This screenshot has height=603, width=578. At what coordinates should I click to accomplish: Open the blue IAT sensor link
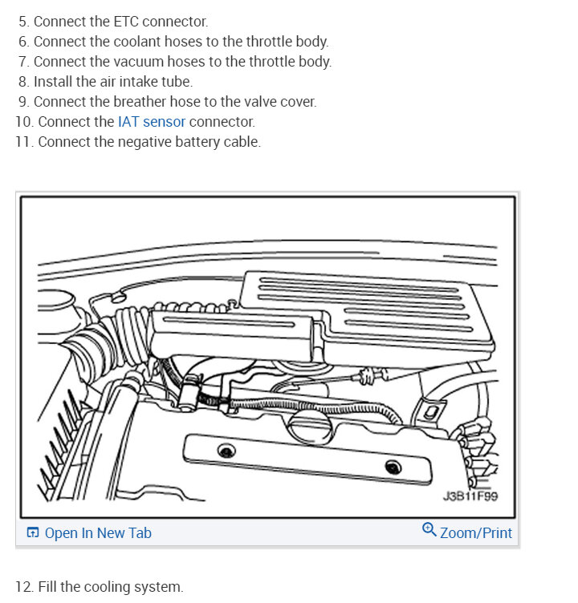click(x=152, y=122)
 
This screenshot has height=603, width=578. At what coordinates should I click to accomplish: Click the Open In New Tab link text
click(x=98, y=533)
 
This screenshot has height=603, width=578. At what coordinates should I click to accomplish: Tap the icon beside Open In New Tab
click(x=33, y=533)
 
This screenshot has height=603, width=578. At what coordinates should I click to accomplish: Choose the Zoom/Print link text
click(x=476, y=533)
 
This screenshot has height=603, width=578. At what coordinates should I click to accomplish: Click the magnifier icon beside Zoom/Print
click(x=429, y=530)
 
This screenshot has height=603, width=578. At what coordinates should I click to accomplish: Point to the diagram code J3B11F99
click(x=470, y=496)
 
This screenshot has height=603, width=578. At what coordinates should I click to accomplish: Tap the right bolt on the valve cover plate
click(x=392, y=467)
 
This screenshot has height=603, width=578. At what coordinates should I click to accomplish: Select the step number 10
click(x=22, y=122)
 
